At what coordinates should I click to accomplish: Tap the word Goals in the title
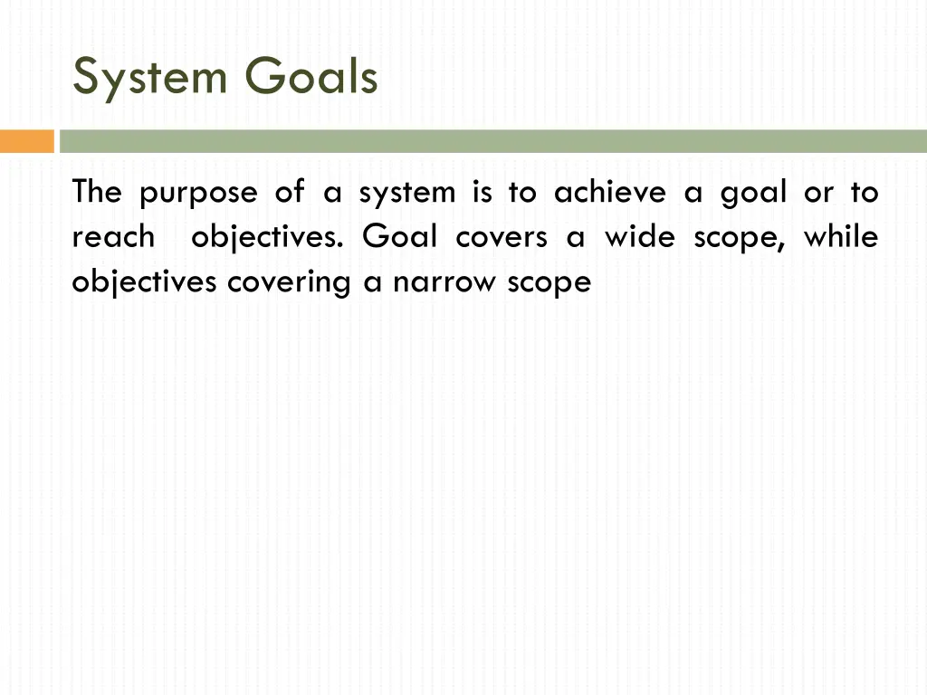(x=311, y=77)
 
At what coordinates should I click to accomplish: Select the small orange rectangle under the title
(x=27, y=141)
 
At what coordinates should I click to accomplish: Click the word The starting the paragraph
(x=98, y=193)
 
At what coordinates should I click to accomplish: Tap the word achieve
(x=609, y=193)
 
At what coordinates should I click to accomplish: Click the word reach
(x=113, y=238)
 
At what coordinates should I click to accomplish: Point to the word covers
(x=502, y=238)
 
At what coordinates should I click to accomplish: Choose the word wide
(x=639, y=238)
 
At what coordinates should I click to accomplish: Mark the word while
(x=841, y=238)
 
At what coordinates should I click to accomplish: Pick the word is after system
(x=481, y=193)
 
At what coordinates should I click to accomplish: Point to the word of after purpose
(x=290, y=193)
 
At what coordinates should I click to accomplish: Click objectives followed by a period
(x=267, y=238)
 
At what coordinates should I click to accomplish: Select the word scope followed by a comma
(x=729, y=238)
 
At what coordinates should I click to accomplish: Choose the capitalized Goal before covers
(x=399, y=238)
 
